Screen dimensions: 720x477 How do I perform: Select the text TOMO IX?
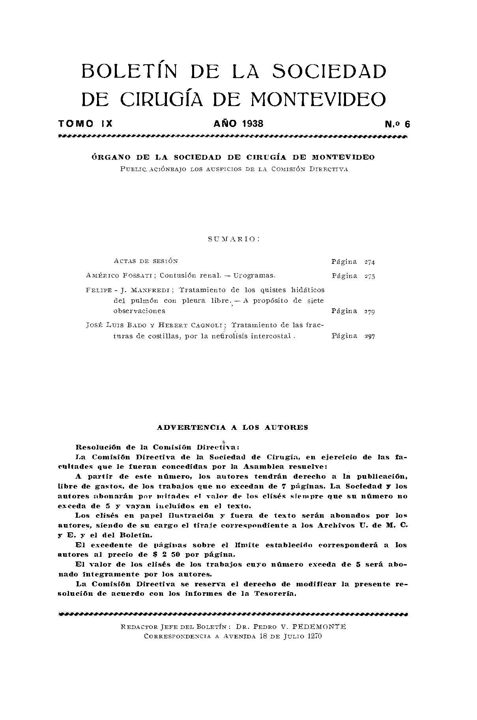[86, 123]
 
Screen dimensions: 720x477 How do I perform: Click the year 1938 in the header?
[253, 123]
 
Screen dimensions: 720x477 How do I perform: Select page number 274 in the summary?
[370, 262]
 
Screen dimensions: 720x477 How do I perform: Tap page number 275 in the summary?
[370, 276]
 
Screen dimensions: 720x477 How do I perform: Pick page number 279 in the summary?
[370, 312]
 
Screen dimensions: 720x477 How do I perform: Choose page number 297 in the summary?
[370, 336]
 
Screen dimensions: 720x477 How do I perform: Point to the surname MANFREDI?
[151, 290]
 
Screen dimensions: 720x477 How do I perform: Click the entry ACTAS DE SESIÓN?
[146, 261]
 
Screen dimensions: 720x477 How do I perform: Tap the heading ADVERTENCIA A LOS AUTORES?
[232, 427]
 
